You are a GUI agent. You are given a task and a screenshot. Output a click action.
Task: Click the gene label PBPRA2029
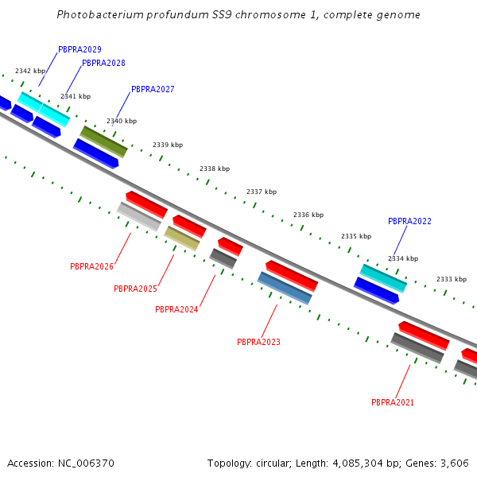click(x=79, y=49)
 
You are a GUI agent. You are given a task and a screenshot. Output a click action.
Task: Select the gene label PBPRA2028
click(x=103, y=63)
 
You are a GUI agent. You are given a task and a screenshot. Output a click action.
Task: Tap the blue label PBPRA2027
click(x=153, y=89)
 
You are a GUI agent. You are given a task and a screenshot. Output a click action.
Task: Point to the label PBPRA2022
click(x=409, y=221)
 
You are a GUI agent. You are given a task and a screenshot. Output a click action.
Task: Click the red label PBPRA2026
click(x=91, y=266)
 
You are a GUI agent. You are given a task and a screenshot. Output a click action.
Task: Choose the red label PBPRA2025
click(x=135, y=289)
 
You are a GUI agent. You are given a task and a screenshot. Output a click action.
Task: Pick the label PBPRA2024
click(x=176, y=309)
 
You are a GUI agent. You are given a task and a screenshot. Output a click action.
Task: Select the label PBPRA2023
click(x=258, y=342)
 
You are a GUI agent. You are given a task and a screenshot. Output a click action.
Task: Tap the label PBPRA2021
click(x=393, y=402)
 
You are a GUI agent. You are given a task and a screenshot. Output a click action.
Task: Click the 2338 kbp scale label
click(x=214, y=169)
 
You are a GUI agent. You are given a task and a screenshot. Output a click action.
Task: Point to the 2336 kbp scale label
click(x=308, y=215)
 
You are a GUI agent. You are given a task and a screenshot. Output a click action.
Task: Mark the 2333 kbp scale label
click(x=451, y=279)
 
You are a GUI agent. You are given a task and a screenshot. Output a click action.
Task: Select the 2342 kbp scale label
click(x=30, y=71)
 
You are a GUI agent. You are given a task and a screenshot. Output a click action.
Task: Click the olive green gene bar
click(x=103, y=142)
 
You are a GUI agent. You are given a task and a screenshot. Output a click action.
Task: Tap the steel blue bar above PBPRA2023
click(x=285, y=288)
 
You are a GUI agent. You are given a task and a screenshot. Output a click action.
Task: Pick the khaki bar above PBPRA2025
click(x=182, y=238)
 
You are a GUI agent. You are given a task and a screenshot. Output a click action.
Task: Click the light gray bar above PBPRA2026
click(x=139, y=216)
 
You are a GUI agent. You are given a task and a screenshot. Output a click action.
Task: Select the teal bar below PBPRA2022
click(x=383, y=277)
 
